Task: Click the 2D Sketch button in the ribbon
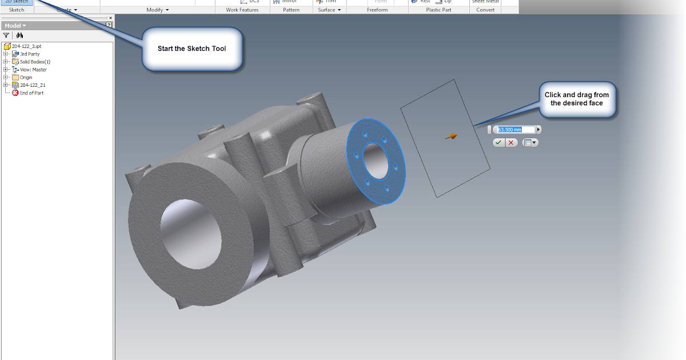point(17,2)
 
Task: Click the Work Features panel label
point(242,10)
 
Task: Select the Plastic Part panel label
point(438,10)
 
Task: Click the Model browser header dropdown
point(16,26)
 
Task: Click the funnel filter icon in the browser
point(6,35)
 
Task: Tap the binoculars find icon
point(19,35)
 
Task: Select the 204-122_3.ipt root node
point(26,46)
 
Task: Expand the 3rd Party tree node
point(6,54)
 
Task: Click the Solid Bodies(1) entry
point(35,62)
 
